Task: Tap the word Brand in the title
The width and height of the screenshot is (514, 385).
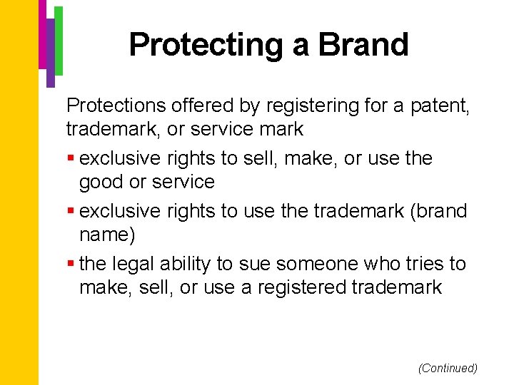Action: (363, 44)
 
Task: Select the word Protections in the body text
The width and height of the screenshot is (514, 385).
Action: (116, 106)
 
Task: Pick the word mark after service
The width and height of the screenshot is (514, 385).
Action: (280, 129)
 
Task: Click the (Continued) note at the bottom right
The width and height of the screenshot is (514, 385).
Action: (448, 368)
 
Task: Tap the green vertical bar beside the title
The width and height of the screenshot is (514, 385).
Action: (59, 41)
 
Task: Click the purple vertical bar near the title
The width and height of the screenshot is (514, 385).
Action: (50, 50)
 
